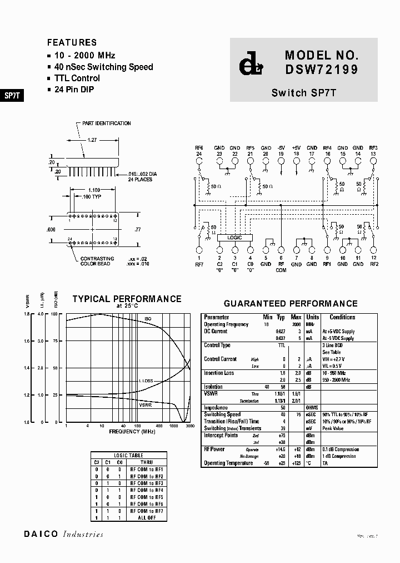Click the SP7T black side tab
(x=12, y=95)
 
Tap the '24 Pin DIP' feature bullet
(x=77, y=90)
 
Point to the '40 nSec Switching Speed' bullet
(x=103, y=67)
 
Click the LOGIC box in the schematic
(x=234, y=238)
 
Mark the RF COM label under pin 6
(x=281, y=267)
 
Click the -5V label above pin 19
(x=281, y=147)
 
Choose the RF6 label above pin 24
(x=199, y=147)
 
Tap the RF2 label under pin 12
(x=373, y=264)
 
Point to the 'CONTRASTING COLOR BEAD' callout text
(x=97, y=261)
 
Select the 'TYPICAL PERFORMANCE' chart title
(x=127, y=299)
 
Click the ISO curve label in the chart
(x=148, y=319)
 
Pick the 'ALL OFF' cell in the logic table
(x=147, y=517)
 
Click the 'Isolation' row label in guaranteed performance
(x=214, y=386)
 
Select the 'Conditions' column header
(x=342, y=317)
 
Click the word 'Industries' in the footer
(x=83, y=535)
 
